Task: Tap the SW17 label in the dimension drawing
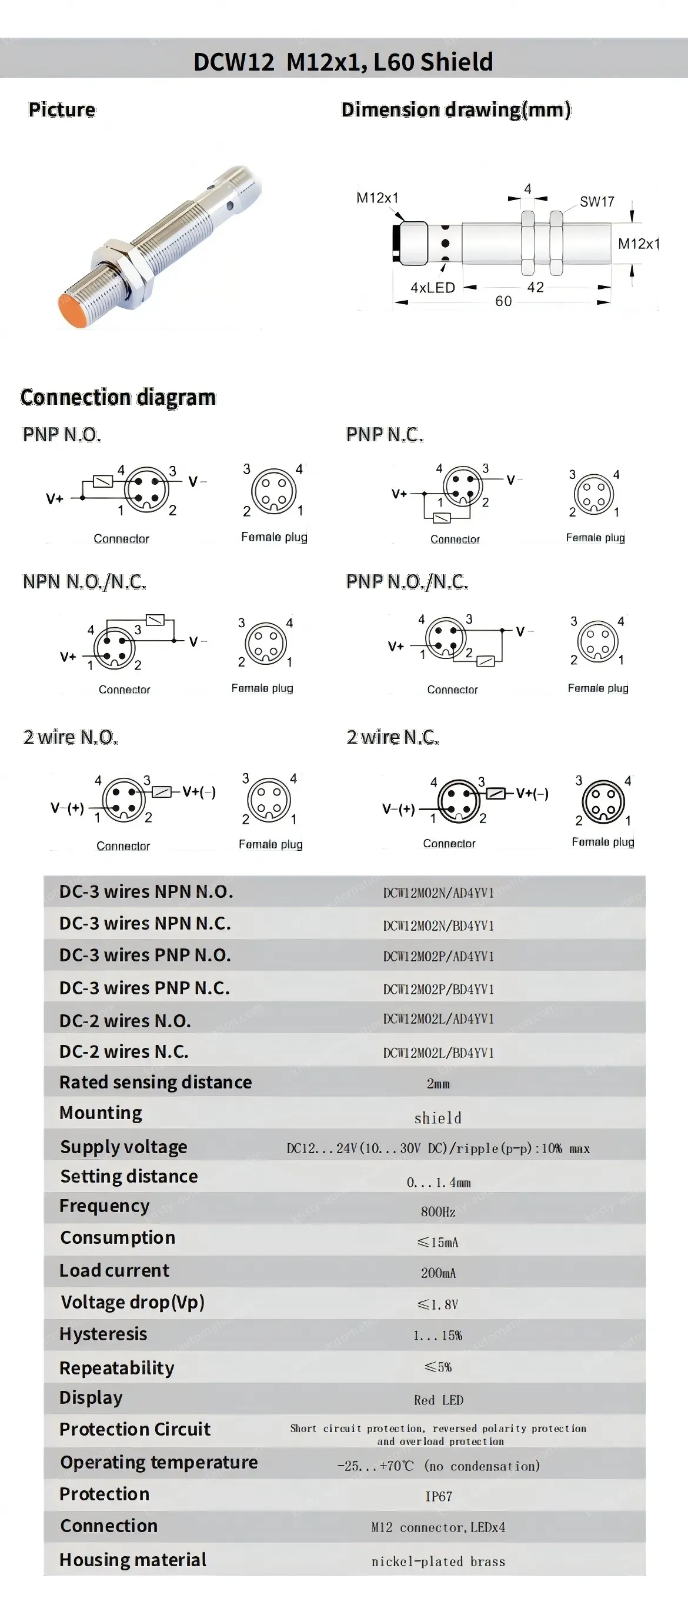click(596, 202)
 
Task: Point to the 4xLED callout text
click(433, 288)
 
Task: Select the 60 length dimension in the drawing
click(503, 301)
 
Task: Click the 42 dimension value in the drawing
click(535, 287)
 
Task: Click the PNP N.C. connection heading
click(384, 435)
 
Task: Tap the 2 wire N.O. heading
click(71, 737)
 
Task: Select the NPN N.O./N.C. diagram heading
click(84, 582)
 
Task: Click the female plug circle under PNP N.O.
click(273, 492)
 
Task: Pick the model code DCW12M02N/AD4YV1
click(438, 893)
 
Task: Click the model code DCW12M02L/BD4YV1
click(438, 1053)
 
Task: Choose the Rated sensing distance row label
click(155, 1082)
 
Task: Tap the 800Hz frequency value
click(437, 1211)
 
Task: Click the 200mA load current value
click(437, 1273)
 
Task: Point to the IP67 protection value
click(438, 1496)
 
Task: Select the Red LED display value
click(438, 1400)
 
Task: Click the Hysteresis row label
click(103, 1334)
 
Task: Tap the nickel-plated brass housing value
click(438, 1562)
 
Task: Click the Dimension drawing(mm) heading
click(456, 110)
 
